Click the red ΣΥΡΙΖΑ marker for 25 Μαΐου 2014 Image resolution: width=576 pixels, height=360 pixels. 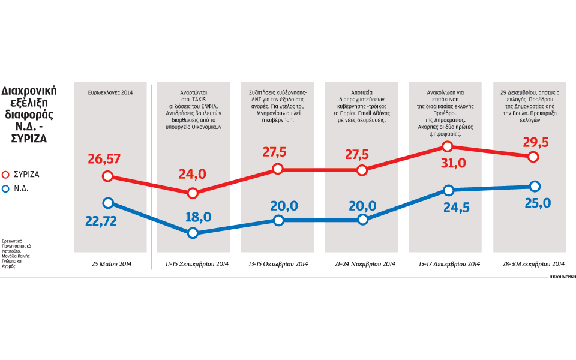click(x=108, y=176)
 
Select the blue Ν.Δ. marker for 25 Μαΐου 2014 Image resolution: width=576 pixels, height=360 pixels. click(x=108, y=203)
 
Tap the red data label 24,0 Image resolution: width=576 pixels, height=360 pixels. click(x=193, y=175)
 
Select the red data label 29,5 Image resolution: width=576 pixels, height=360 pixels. click(x=533, y=143)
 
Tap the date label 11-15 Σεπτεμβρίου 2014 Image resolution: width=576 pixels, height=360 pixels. click(x=193, y=263)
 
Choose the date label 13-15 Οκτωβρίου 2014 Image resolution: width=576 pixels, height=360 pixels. click(x=278, y=263)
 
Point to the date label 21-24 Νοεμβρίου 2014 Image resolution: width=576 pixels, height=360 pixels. click(x=362, y=263)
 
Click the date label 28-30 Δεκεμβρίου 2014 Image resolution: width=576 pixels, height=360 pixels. click(x=530, y=263)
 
